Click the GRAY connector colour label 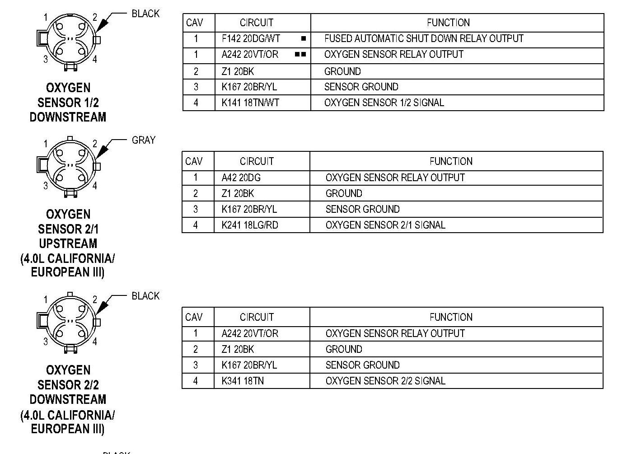pos(144,140)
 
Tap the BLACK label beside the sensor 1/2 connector pos(145,14)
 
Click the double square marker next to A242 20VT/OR pos(300,54)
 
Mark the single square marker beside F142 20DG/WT pos(304,38)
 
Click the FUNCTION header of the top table pos(448,23)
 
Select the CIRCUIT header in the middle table pos(257,161)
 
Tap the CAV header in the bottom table pos(194,317)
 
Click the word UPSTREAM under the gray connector pos(68,243)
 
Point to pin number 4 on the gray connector pos(95,186)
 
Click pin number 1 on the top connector pos(46,18)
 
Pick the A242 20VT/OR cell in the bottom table pos(250,333)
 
